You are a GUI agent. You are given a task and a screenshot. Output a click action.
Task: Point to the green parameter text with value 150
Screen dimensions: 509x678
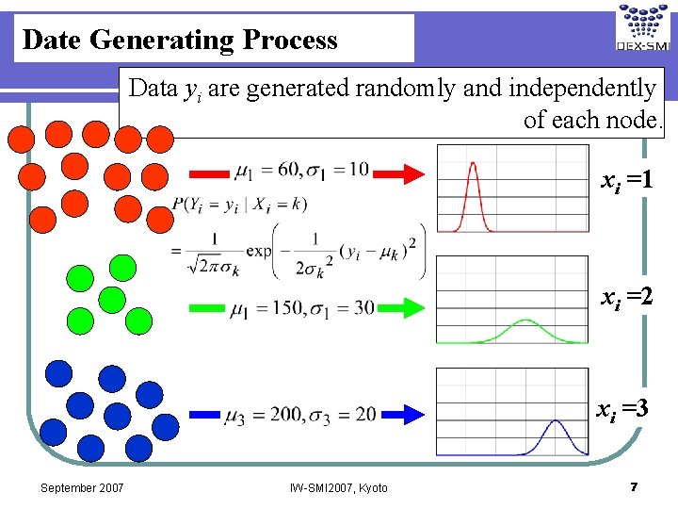[x=302, y=307]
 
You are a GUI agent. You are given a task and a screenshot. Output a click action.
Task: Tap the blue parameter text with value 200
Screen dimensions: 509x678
[x=300, y=416]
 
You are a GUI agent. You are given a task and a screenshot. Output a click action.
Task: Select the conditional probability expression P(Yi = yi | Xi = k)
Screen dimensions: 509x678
[x=239, y=203]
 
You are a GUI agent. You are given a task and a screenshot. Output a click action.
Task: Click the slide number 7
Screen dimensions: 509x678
[x=634, y=486]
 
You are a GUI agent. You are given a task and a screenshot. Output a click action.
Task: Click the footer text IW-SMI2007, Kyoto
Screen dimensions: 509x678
[x=340, y=487]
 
